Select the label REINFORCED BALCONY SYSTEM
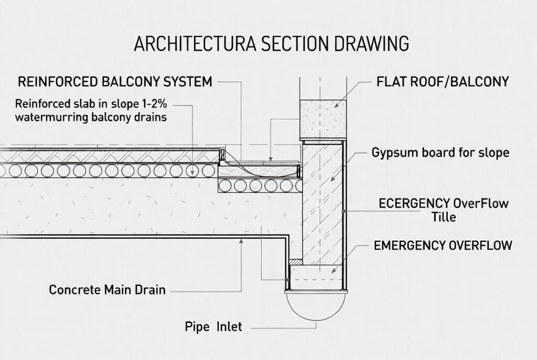pyautogui.click(x=115, y=82)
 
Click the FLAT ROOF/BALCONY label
pyautogui.click(x=443, y=82)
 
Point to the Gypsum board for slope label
pyautogui.click(x=441, y=152)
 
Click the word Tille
pyautogui.click(x=444, y=217)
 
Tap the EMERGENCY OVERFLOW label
pyautogui.click(x=443, y=245)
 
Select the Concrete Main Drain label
pyautogui.click(x=107, y=290)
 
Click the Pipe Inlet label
pyautogui.click(x=213, y=326)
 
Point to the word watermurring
pyautogui.click(x=52, y=117)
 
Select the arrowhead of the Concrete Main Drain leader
pyautogui.click(x=241, y=241)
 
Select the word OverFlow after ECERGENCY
pyautogui.click(x=481, y=203)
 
